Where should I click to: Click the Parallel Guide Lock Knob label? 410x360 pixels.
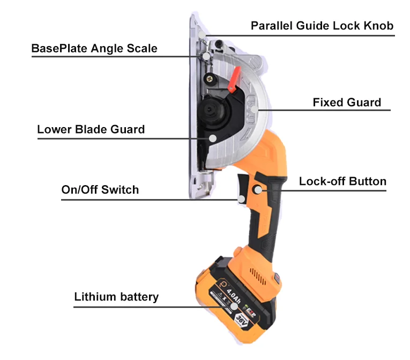click(323, 26)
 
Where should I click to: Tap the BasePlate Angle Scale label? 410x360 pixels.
click(94, 48)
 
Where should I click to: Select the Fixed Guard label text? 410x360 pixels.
click(347, 102)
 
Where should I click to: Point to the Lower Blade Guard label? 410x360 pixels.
click(91, 129)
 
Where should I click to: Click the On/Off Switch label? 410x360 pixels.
click(100, 189)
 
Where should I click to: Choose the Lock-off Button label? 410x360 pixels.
click(342, 181)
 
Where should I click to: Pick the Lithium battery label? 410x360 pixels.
click(116, 297)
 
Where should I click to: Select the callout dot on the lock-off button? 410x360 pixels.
click(258, 189)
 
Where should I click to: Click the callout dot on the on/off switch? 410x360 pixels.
click(242, 199)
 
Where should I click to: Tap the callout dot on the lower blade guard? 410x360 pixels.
click(213, 138)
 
